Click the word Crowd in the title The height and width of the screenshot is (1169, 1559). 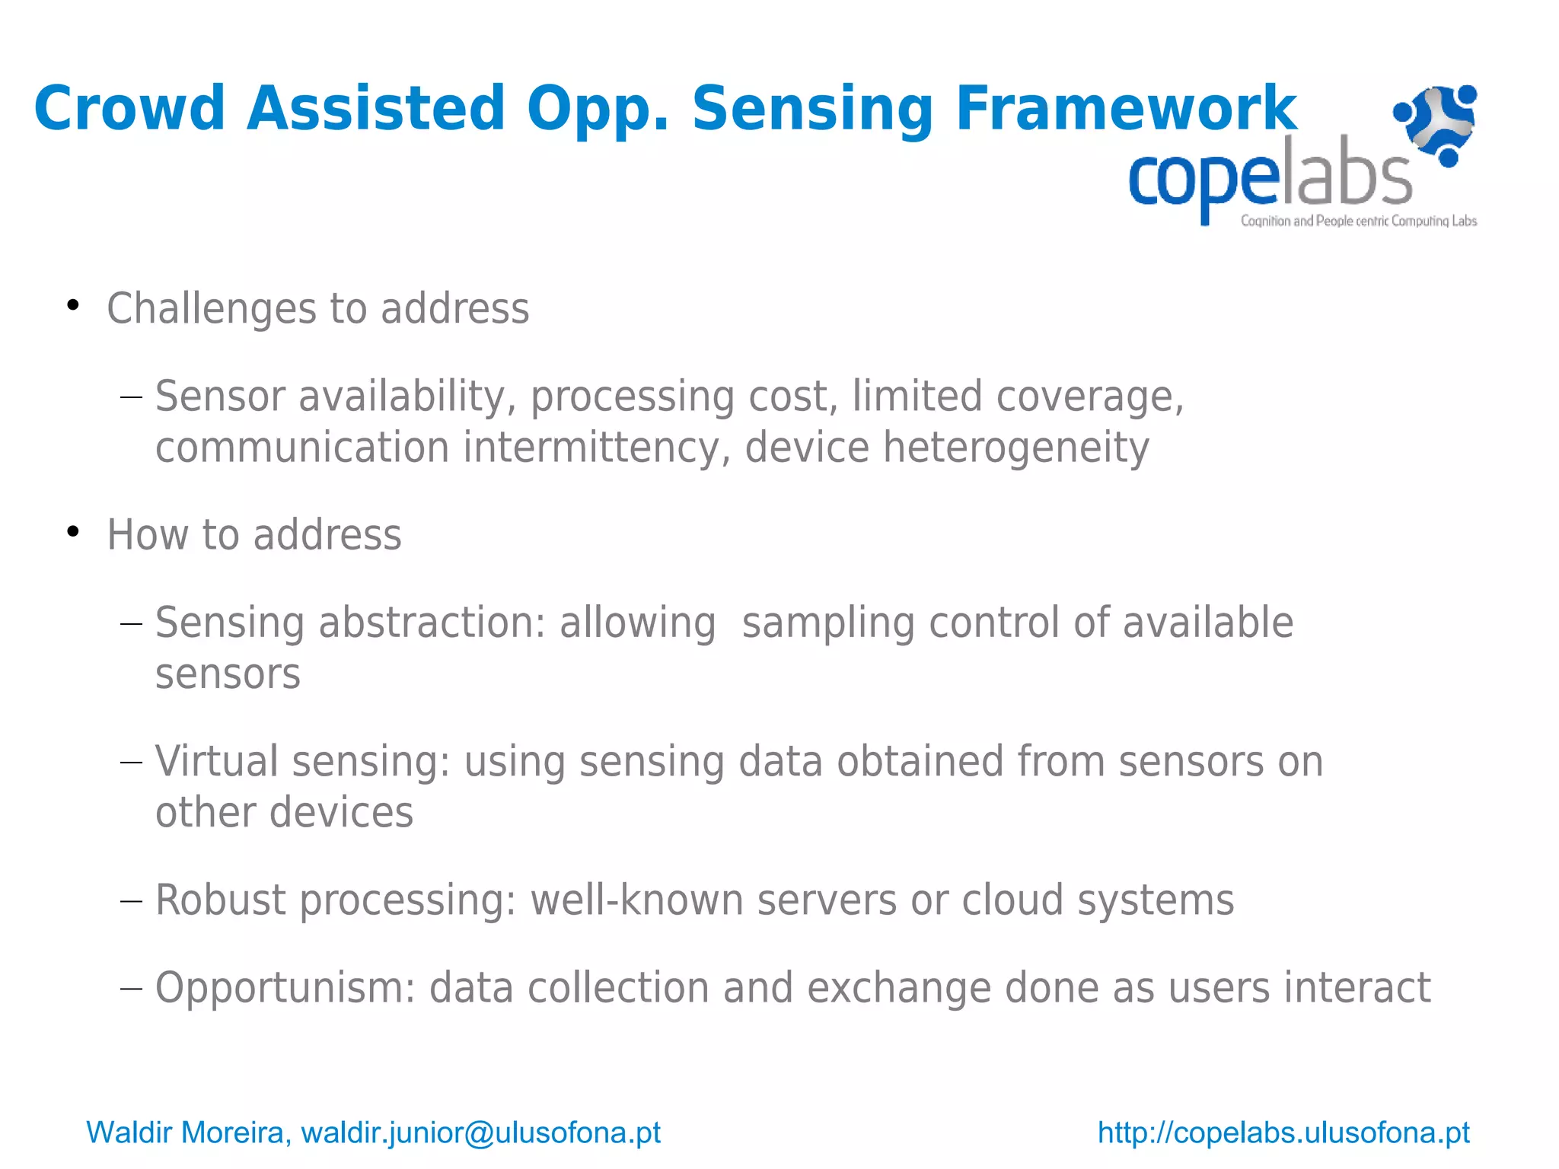click(129, 109)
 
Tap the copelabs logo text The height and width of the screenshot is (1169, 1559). click(1269, 177)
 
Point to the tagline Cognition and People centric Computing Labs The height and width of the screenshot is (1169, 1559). click(1358, 221)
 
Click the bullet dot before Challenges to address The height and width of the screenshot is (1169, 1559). click(73, 305)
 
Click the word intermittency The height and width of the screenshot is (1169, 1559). click(591, 447)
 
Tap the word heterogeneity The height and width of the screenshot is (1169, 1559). click(1015, 447)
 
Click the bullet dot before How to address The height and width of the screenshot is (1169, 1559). click(73, 531)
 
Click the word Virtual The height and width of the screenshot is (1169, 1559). click(217, 761)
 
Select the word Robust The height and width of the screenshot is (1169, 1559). click(221, 900)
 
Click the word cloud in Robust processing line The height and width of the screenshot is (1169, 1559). click(1012, 900)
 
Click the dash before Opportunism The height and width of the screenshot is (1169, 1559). click(131, 989)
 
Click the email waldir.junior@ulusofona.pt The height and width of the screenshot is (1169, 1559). click(480, 1132)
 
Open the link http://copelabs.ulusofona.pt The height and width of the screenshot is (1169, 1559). click(1283, 1132)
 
